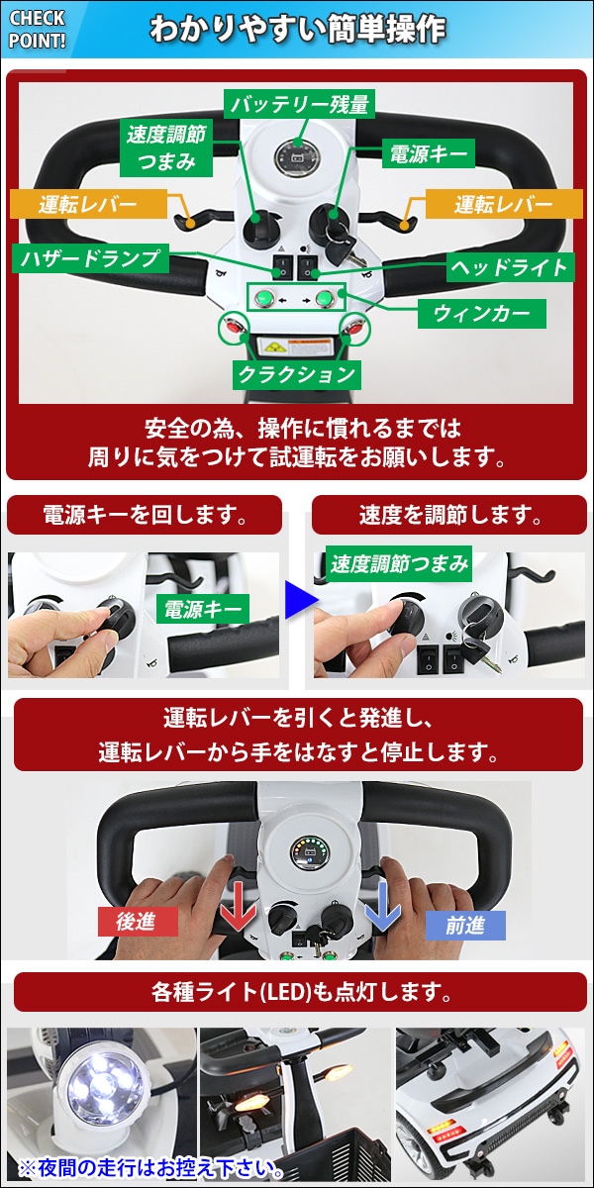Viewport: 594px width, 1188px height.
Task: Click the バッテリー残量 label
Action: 300,104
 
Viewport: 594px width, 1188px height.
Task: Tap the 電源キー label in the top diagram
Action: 429,154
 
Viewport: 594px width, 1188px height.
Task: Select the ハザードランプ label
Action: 90,258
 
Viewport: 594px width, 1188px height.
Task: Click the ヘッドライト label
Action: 509,267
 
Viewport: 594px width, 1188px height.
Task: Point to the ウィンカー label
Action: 481,314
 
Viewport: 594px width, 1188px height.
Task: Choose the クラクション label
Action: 297,374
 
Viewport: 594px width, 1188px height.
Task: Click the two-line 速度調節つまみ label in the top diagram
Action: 166,148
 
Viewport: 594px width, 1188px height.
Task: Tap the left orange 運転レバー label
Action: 88,204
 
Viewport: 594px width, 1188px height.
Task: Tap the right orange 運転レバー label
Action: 504,204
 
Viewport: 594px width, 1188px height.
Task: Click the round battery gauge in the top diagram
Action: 297,156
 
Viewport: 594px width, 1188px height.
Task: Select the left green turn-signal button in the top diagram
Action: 263,299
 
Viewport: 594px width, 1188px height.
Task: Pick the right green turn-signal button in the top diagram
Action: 325,299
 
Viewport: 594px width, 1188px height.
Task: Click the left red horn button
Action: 233,326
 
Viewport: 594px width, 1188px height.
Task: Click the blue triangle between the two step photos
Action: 300,600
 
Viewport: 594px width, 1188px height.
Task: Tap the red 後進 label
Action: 138,922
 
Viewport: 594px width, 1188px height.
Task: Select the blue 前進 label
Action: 465,926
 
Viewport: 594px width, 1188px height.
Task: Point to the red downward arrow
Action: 239,905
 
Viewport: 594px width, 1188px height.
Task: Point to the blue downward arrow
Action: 382,905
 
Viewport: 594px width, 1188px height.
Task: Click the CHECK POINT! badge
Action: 38,29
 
